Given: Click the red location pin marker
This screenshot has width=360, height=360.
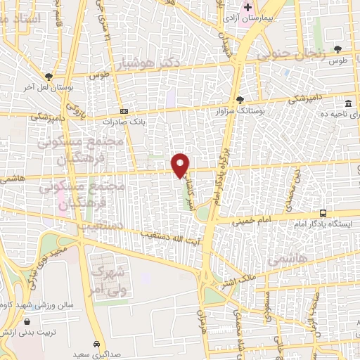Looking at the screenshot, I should (181, 165).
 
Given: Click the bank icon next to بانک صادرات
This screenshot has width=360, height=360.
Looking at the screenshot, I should (124, 110).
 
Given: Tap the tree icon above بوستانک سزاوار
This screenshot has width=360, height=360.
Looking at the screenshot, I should (241, 100).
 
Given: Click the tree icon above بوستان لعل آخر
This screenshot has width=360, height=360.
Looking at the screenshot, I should (49, 76).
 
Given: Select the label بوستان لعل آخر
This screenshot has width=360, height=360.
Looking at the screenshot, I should (50, 86).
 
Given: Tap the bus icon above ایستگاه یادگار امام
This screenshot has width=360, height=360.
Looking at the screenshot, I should (323, 212).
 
